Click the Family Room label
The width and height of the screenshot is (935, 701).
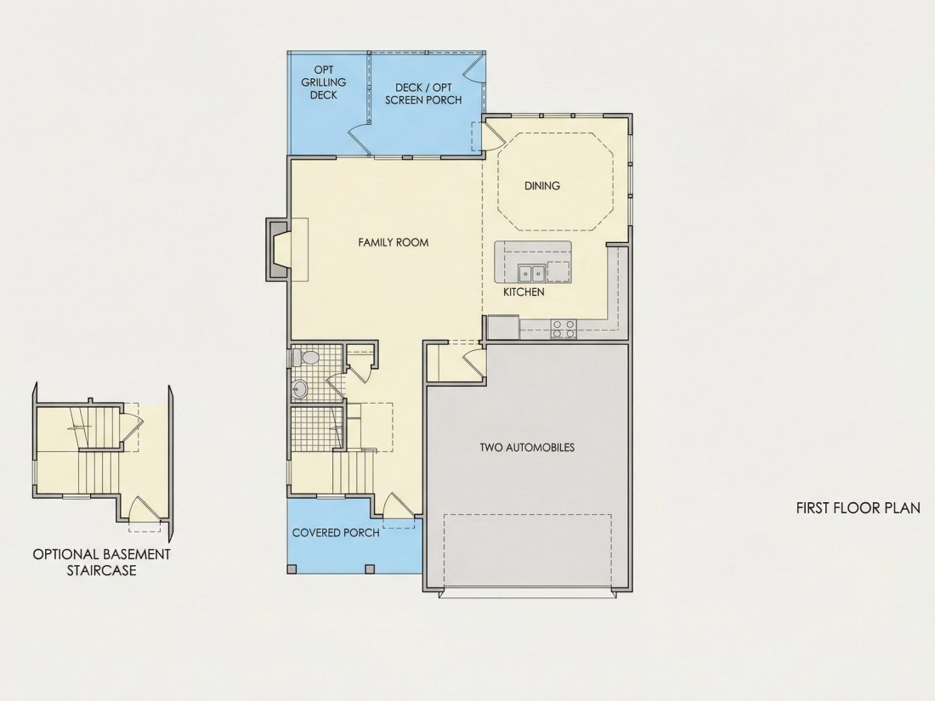(393, 242)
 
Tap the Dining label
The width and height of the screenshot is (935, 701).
(542, 185)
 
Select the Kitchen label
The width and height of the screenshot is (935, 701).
(524, 291)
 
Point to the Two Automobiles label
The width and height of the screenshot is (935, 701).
(527, 447)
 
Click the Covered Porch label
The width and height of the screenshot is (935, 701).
(336, 532)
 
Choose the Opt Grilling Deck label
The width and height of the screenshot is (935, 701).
(323, 82)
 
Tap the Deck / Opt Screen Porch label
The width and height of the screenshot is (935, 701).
(423, 94)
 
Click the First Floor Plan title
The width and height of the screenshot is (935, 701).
(858, 508)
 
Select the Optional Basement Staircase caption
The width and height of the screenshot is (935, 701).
(101, 562)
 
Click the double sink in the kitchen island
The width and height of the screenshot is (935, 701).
(531, 273)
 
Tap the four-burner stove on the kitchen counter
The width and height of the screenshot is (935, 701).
(564, 329)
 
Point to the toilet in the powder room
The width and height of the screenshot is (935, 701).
(306, 359)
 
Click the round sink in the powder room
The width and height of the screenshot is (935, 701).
(299, 389)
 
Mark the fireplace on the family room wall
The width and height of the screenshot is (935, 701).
(278, 249)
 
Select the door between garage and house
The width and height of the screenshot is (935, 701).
(473, 363)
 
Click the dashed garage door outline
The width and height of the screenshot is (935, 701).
(528, 550)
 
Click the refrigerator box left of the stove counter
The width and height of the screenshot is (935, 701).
(504, 327)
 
